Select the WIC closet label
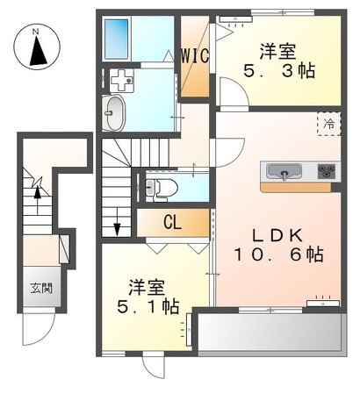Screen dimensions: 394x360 (x=195, y=55)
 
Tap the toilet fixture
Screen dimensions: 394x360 (x=153, y=186)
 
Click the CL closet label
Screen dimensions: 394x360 (x=172, y=223)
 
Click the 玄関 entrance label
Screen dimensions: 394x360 (x=40, y=287)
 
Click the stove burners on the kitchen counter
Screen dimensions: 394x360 (x=327, y=171)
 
